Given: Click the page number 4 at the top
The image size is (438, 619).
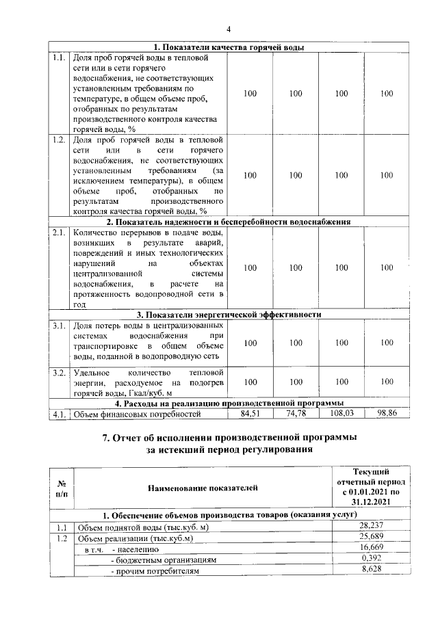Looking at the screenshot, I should coord(229,29).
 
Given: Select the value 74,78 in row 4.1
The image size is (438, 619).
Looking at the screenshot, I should coord(295,414).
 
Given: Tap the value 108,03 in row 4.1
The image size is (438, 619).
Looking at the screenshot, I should coord(341,414).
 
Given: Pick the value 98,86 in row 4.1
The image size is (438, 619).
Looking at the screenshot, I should coord(387,414).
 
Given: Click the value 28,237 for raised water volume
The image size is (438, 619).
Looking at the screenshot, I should coord(370,527).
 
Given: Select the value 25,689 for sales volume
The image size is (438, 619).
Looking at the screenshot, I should coord(370,538).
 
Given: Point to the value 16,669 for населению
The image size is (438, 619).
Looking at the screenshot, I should coord(370,549).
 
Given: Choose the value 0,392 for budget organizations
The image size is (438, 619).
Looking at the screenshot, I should coord(370,559).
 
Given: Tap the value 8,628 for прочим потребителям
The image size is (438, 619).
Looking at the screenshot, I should coord(370,570).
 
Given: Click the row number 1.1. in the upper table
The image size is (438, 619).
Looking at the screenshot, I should coord(59,58).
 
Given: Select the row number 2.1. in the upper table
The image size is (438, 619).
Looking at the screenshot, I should coord(59,233).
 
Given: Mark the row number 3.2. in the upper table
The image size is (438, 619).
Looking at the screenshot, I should coord(59,373).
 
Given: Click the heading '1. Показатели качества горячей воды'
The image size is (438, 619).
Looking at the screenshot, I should coord(229,47).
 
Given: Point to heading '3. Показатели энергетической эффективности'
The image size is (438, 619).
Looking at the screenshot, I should coord(229,315).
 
